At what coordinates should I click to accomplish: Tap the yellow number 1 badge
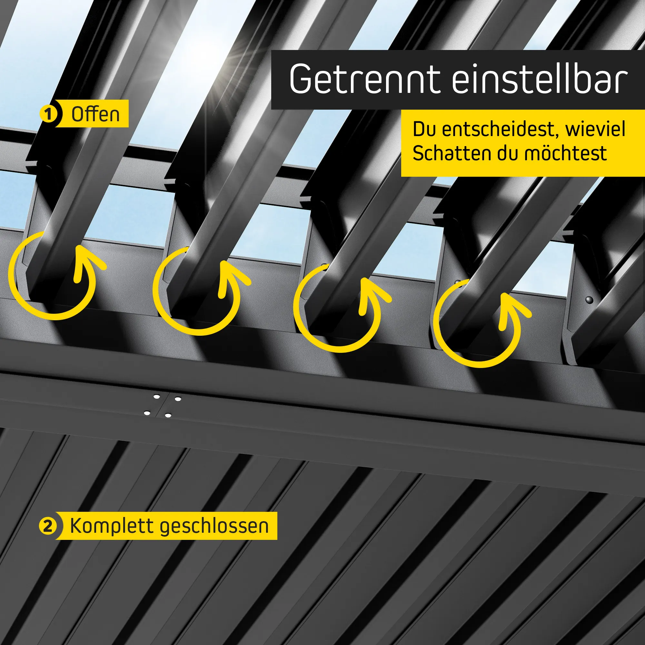49,114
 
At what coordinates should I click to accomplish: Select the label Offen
95,114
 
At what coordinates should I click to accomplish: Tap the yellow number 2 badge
48,526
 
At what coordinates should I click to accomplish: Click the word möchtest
565,153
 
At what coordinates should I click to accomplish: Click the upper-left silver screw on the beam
156,397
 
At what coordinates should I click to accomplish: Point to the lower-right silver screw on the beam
168,416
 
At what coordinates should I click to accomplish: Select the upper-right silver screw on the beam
178,399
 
